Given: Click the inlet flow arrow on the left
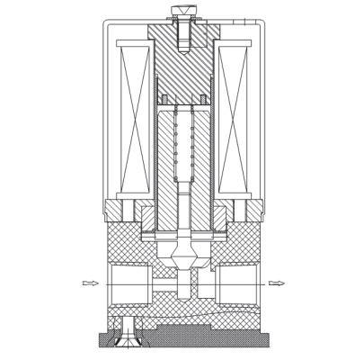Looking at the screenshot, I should (90, 283).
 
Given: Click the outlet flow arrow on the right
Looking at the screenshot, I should (276, 283).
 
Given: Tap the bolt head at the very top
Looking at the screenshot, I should (182, 12).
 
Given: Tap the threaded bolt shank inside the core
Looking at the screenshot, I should (182, 36).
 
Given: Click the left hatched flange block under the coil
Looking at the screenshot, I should (117, 211).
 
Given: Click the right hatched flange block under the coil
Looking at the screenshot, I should (249, 211).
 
